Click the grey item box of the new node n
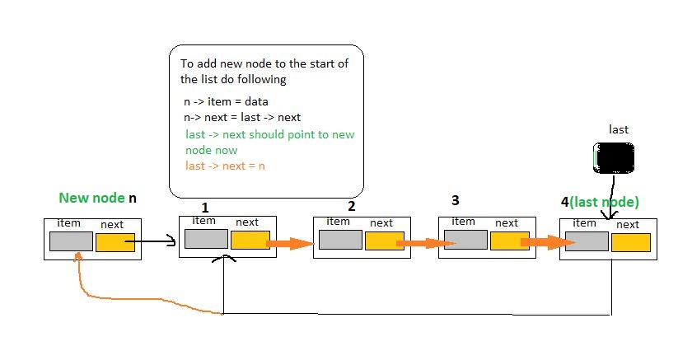click(x=71, y=241)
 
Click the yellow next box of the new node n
click(x=115, y=241)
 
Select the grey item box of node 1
click(x=205, y=239)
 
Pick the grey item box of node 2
click(x=339, y=240)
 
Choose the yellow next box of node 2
click(x=385, y=241)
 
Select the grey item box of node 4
click(x=586, y=241)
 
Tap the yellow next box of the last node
click(x=631, y=243)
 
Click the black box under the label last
click(x=613, y=157)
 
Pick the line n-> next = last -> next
click(x=242, y=117)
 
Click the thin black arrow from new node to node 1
click(x=157, y=241)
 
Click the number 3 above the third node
click(x=456, y=201)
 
